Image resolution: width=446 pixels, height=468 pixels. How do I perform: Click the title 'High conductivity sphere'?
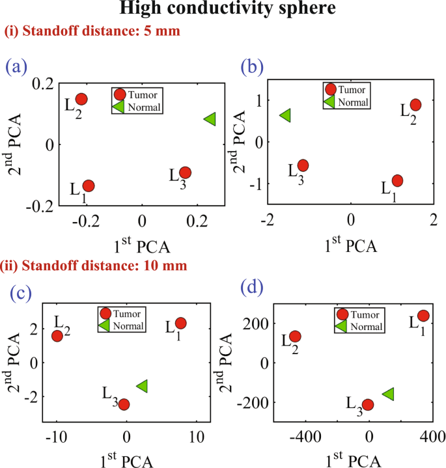click(223, 10)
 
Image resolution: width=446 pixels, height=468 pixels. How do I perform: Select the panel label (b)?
click(253, 66)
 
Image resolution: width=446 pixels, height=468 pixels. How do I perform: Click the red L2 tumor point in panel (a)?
click(81, 99)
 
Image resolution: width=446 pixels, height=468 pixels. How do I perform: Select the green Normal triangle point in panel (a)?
click(210, 119)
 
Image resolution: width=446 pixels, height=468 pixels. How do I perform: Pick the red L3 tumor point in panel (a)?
click(186, 172)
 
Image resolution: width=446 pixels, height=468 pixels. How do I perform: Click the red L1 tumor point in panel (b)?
click(397, 180)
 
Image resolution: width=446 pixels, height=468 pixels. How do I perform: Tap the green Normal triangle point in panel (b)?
click(285, 115)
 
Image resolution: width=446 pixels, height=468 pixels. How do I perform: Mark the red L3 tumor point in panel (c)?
click(124, 404)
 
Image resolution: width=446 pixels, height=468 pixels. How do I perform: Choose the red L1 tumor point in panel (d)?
click(423, 316)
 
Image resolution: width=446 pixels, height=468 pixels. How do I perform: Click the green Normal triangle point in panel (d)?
click(389, 394)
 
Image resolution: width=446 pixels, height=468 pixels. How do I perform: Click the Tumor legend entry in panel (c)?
click(121, 314)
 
